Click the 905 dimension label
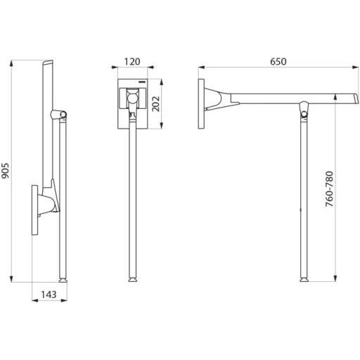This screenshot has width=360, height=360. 6,171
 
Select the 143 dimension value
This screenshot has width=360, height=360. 49,295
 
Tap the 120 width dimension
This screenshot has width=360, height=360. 132,62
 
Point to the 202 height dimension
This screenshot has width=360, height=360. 155,104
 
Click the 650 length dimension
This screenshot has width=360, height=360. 278,62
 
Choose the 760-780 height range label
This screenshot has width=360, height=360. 329,189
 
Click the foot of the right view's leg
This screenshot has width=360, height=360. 304,280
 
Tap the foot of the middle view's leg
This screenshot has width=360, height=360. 133,280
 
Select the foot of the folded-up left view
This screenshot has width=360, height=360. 63,280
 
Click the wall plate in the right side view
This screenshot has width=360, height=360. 201,104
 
